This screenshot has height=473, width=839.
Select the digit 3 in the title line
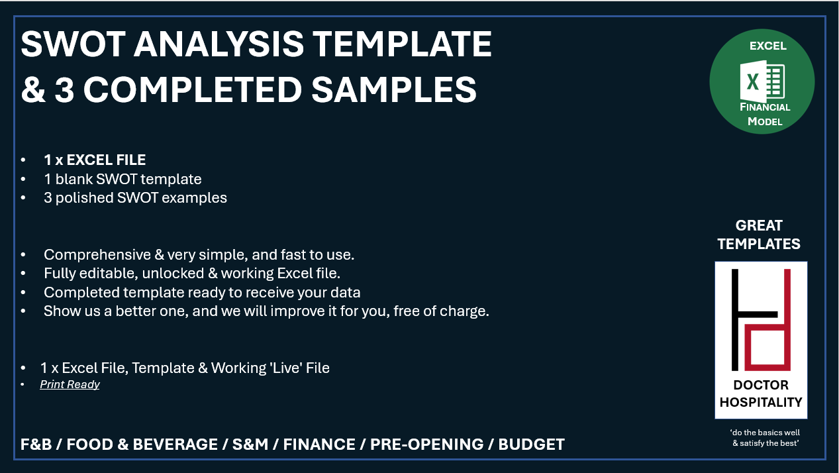click(x=64, y=89)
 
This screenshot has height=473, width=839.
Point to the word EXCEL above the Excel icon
click(x=767, y=46)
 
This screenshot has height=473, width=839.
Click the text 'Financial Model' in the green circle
click(x=765, y=114)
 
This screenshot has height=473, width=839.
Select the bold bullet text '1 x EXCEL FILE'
click(x=95, y=160)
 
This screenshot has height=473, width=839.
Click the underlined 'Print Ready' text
click(x=70, y=384)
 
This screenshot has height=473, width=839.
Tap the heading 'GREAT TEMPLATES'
click(x=759, y=235)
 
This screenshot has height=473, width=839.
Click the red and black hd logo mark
click(x=761, y=319)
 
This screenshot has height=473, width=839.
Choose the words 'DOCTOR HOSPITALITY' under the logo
click(x=761, y=394)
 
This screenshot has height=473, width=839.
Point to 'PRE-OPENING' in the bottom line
click(x=426, y=445)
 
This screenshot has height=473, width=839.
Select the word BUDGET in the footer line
click(x=531, y=445)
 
